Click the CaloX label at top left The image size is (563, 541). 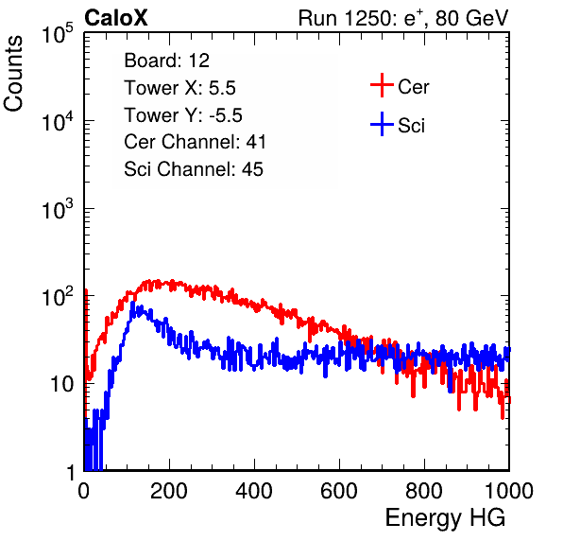116,18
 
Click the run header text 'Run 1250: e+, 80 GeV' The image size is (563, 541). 403,18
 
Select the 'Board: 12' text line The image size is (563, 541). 166,61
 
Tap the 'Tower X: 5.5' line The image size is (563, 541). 179,88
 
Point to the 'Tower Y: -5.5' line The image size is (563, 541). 183,115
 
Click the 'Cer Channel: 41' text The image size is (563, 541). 195,142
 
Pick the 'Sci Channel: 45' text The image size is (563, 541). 194,169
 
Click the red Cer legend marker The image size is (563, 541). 382,85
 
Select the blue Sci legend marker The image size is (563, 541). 382,125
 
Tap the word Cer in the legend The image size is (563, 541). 413,87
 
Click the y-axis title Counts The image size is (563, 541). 13,74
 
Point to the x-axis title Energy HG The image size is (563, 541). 445,518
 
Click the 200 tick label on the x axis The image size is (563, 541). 169,491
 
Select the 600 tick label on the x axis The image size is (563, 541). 339,491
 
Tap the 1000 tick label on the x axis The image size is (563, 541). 509,491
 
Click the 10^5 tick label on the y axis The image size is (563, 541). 58,33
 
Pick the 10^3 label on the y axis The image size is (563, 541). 58,208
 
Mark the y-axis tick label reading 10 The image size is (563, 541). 61,384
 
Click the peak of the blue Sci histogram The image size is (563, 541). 132,303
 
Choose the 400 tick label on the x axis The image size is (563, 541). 254,491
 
